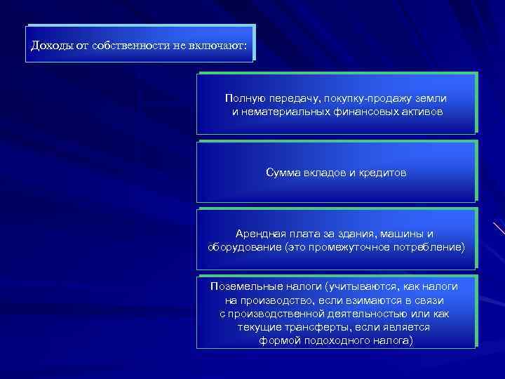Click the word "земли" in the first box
429,99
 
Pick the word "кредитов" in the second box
382,172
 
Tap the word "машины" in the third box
405,234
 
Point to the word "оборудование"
241,247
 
